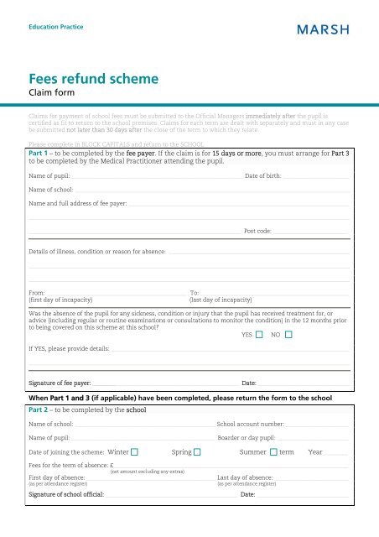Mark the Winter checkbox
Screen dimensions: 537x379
(134, 453)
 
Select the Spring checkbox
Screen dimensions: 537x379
(197, 453)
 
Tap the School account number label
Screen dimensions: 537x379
(256, 425)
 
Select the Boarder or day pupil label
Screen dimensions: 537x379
(247, 439)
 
